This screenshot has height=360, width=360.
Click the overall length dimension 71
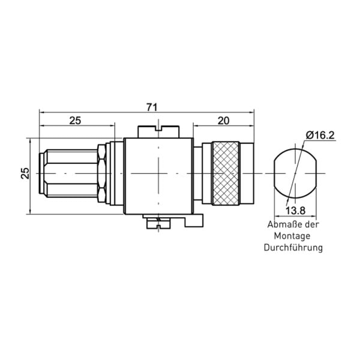click(152, 107)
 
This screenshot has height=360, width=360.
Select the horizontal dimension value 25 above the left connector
click(76, 121)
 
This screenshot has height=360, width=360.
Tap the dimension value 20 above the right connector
click(223, 121)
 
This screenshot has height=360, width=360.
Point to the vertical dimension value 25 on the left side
click(25, 173)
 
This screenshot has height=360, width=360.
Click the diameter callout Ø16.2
click(320, 136)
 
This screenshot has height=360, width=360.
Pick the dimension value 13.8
click(295, 210)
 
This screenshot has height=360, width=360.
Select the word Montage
click(292, 236)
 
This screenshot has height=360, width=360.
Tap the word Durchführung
click(293, 248)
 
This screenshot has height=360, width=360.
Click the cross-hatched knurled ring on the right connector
click(226, 173)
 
